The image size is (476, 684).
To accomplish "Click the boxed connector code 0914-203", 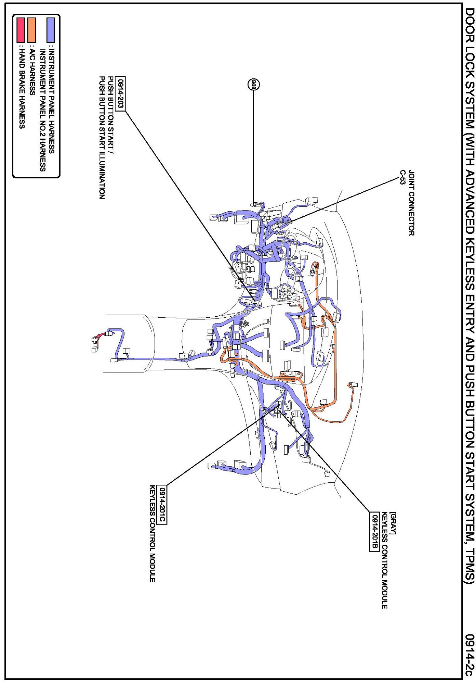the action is pyautogui.click(x=120, y=93).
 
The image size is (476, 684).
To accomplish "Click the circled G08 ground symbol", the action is pyautogui.click(x=253, y=85).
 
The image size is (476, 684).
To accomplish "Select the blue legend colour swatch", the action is pyautogui.click(x=51, y=30).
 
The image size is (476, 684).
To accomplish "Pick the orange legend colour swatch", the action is pyautogui.click(x=31, y=30).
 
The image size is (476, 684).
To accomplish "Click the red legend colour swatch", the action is pyautogui.click(x=21, y=30).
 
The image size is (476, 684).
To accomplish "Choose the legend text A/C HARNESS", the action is pyautogui.click(x=32, y=72).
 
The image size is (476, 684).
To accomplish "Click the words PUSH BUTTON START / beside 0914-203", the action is pyautogui.click(x=111, y=115).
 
